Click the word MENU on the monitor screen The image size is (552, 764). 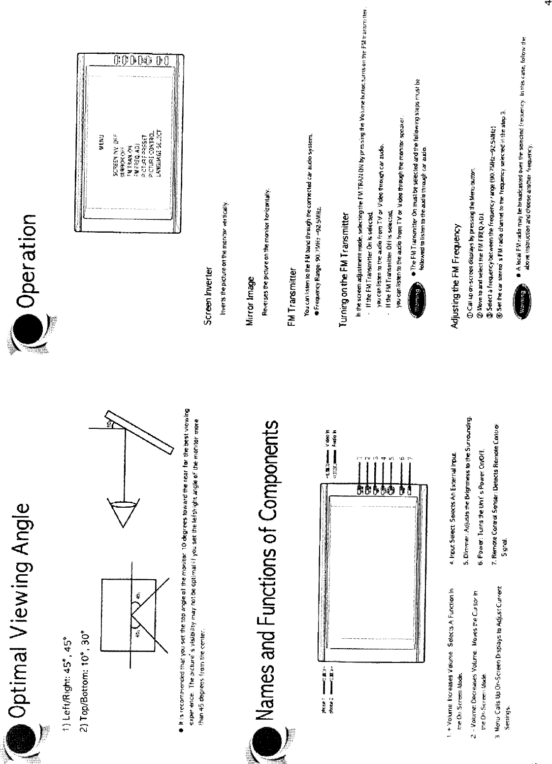click(x=103, y=136)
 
